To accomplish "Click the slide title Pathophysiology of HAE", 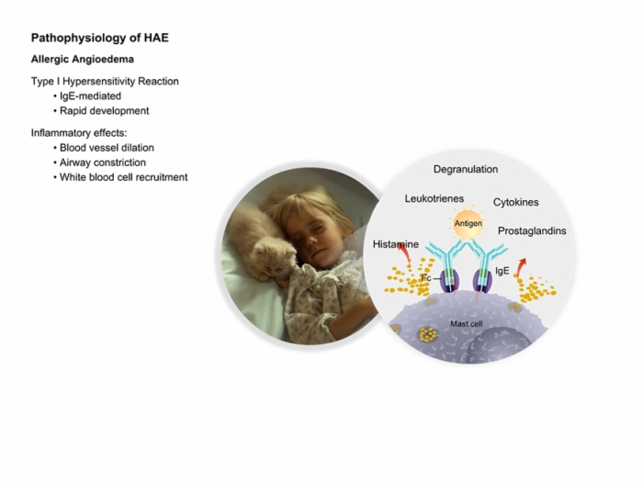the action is click(x=99, y=39).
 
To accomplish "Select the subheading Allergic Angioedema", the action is click(x=83, y=59).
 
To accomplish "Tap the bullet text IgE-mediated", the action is click(x=90, y=95).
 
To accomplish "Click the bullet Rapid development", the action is click(x=104, y=111).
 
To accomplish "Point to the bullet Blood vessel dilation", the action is click(x=107, y=148).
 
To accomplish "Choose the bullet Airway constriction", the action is click(x=103, y=163).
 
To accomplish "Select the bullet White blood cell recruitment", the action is click(x=123, y=177).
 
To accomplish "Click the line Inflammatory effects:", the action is click(x=79, y=133).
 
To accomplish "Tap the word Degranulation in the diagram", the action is click(x=466, y=169).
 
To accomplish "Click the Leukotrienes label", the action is click(x=434, y=198).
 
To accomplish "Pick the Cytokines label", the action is click(x=516, y=202).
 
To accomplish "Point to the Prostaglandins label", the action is click(x=532, y=230).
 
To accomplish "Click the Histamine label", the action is click(x=396, y=244).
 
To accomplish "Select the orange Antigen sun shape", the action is click(x=468, y=223).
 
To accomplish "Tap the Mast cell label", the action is click(x=467, y=324).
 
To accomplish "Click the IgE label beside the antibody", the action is click(x=502, y=271).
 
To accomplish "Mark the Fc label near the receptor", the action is click(x=426, y=278).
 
